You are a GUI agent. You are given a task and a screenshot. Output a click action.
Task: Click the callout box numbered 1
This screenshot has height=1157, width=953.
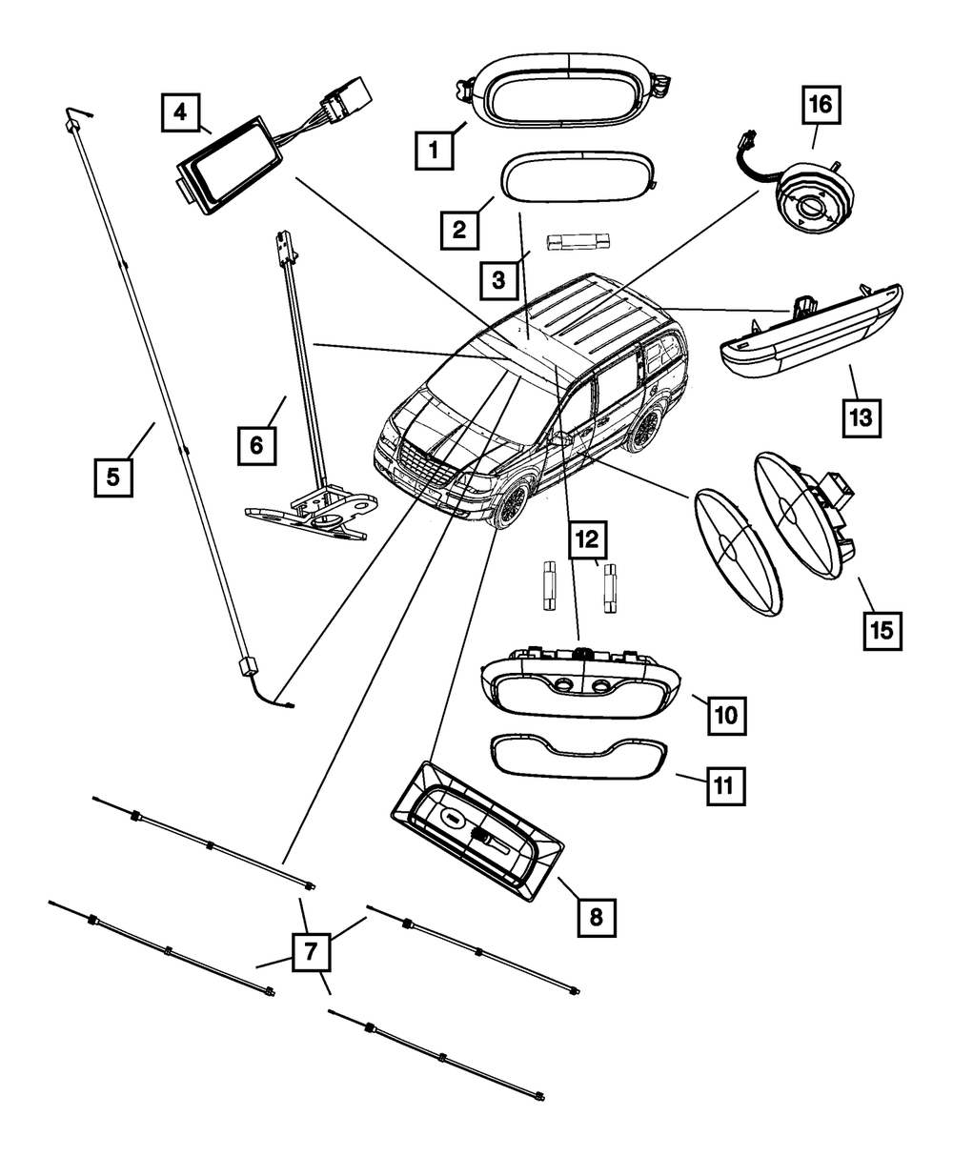(x=432, y=151)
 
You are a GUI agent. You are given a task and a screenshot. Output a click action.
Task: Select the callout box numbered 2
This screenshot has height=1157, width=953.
(x=458, y=229)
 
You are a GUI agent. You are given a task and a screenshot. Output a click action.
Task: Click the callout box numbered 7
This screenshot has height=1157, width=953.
(x=311, y=950)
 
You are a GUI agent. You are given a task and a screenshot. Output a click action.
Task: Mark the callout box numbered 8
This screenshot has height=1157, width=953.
(x=596, y=917)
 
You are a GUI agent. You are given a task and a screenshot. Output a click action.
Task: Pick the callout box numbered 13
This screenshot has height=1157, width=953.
(x=861, y=416)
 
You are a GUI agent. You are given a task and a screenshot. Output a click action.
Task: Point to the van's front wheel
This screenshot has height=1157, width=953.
(x=512, y=502)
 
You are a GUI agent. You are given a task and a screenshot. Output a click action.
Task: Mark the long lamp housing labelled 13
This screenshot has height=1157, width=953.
(x=810, y=335)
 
